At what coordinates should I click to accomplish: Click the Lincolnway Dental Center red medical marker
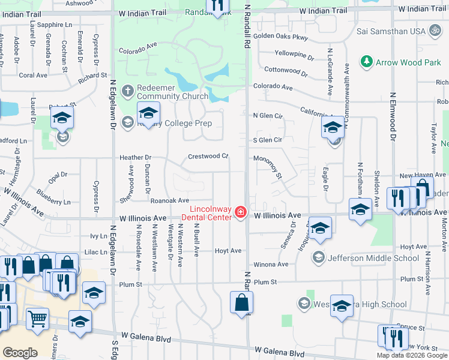[x=241, y=212]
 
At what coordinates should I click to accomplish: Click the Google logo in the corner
[x=20, y=352]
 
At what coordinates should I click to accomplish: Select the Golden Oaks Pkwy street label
[x=280, y=37]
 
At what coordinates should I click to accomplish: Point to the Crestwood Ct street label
[x=208, y=156]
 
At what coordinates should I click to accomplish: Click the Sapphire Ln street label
[x=53, y=25]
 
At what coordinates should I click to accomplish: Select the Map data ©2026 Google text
[x=411, y=355]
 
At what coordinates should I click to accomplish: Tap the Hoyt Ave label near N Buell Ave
[x=228, y=250]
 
